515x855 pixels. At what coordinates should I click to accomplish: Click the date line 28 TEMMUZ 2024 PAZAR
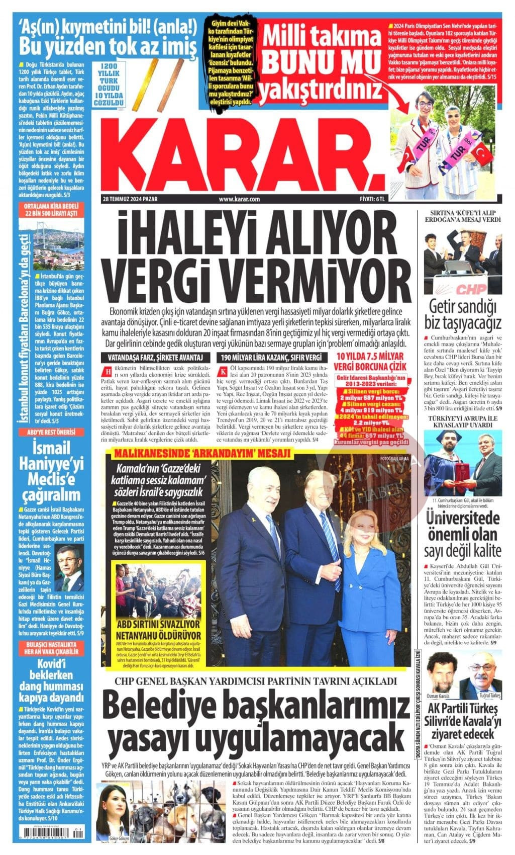[x=130, y=199]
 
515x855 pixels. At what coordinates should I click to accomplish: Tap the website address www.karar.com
[x=239, y=199]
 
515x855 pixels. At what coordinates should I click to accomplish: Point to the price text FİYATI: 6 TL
[x=372, y=199]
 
